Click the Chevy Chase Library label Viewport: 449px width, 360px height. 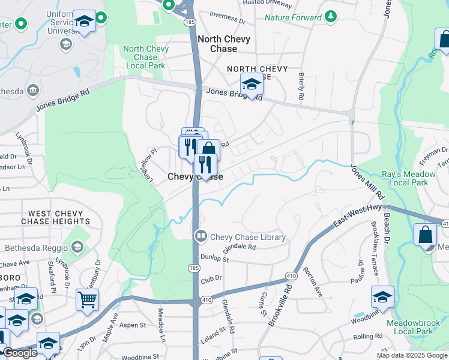click(x=247, y=237)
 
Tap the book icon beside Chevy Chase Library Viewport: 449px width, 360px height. click(x=200, y=236)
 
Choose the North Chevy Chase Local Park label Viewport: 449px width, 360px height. click(x=143, y=57)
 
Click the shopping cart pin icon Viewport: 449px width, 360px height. click(x=87, y=298)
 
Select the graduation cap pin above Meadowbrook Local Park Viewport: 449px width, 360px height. click(x=382, y=296)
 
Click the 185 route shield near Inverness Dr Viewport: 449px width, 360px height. click(x=190, y=22)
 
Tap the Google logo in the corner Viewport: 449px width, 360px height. click(x=19, y=353)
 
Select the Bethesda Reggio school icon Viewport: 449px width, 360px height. click(x=77, y=247)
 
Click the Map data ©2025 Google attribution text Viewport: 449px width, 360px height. click(x=412, y=355)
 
